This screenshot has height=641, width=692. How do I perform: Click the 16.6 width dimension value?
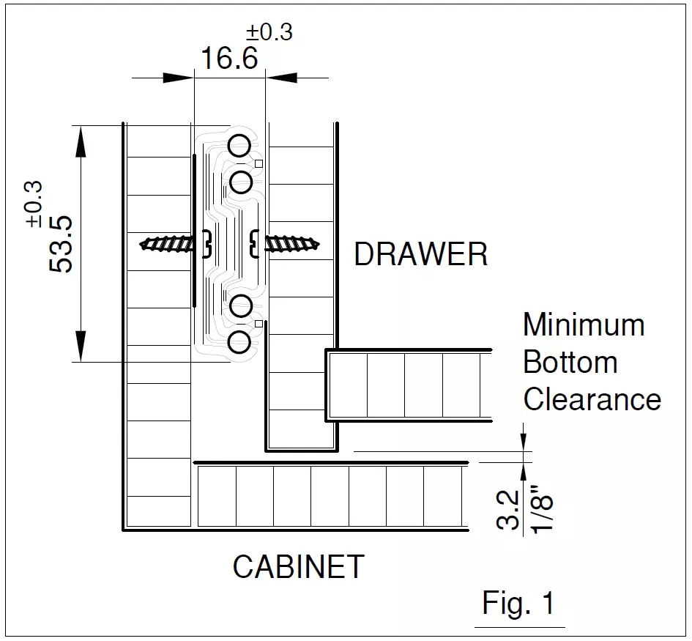(229, 58)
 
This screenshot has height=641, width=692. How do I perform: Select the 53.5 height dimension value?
(62, 244)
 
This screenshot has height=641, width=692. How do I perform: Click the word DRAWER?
(420, 255)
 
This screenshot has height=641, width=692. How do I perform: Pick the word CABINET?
(298, 566)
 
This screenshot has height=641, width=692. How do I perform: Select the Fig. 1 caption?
(518, 604)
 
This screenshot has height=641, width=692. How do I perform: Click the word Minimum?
(584, 325)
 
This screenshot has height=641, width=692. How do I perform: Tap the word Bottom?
(570, 363)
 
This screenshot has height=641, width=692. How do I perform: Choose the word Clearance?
(592, 400)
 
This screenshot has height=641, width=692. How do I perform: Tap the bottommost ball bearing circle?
(239, 342)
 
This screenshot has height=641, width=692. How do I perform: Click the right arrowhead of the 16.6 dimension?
(282, 77)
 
